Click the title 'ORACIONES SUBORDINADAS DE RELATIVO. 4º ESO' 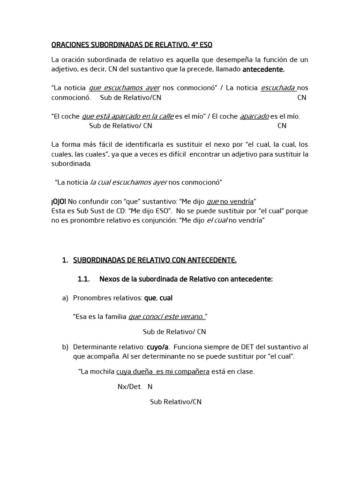[x=132, y=45]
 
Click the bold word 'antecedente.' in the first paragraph [x=263, y=69]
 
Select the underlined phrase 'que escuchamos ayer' [x=124, y=88]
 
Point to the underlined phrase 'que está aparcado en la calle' [x=127, y=116]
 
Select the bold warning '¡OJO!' [x=59, y=201]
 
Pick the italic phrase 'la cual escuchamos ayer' [x=128, y=182]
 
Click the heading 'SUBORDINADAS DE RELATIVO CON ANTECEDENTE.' [x=155, y=260]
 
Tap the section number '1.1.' [x=83, y=279]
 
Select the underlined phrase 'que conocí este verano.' [x=167, y=317]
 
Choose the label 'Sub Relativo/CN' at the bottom [x=175, y=402]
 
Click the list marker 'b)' [x=65, y=347]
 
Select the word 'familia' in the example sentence [x=115, y=317]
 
